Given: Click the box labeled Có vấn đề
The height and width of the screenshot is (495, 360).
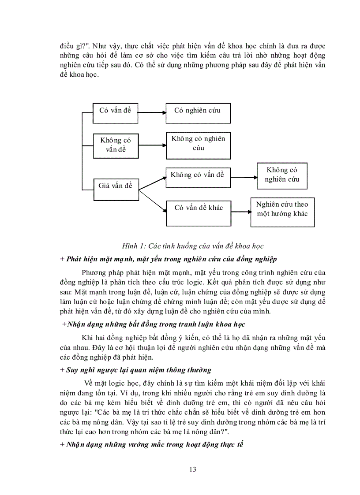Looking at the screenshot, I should [115, 113].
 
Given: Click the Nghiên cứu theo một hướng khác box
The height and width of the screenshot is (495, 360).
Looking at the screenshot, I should [282, 212].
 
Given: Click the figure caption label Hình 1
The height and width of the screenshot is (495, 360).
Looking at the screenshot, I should [133, 246].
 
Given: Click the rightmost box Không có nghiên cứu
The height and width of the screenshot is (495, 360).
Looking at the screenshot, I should [282, 175].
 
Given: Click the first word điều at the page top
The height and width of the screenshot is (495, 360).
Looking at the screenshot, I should [67, 45].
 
